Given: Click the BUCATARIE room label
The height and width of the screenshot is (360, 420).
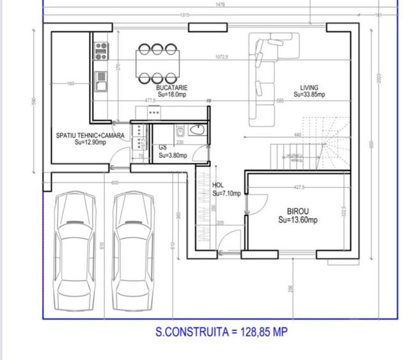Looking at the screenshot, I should click(x=172, y=87).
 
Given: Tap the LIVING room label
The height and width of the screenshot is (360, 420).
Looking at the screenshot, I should click(x=309, y=88).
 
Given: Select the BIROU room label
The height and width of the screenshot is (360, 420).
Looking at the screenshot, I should click(x=298, y=211).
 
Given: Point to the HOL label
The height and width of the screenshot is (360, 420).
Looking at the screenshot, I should click(x=217, y=185).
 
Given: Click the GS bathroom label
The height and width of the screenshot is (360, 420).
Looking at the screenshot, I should click(x=162, y=147).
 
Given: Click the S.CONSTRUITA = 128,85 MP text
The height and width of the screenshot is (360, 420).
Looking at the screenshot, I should click(x=217, y=332).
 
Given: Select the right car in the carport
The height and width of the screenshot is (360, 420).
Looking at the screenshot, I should click(x=134, y=252).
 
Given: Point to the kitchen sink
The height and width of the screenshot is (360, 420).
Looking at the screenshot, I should click(x=101, y=80).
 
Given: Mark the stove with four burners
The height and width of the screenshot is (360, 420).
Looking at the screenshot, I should click(x=100, y=47).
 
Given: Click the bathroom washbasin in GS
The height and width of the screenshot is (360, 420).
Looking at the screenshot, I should click(x=198, y=130).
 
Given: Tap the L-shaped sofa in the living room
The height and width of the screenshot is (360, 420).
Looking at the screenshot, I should click(x=262, y=77).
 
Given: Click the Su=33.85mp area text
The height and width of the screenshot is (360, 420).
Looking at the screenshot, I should click(x=309, y=95).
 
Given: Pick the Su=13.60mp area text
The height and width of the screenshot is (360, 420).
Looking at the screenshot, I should click(x=298, y=220).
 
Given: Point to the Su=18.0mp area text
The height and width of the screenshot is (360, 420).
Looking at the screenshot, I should click(x=172, y=94).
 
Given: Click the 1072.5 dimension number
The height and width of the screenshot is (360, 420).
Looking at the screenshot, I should click(x=222, y=58).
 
